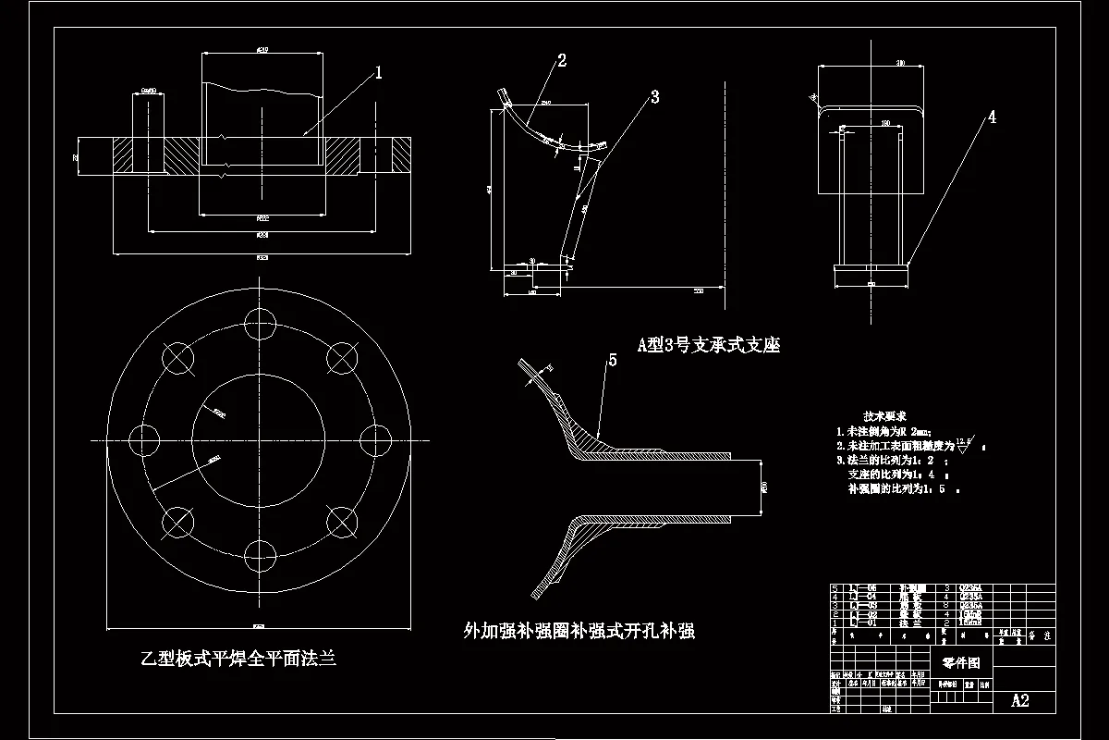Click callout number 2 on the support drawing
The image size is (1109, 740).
coord(561,61)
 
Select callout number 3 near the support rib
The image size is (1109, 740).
coord(654,96)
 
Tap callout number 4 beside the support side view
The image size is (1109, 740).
coord(992,117)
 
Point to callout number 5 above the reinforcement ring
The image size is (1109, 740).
coord(612,361)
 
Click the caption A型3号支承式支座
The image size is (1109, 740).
coord(709,345)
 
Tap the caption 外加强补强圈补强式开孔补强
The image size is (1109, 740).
coord(579,632)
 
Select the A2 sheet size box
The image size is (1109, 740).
coord(1020,700)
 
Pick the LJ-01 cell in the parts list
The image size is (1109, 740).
coord(863,623)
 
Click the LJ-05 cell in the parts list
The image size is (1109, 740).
coord(863,587)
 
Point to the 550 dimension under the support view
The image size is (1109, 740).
coord(698,291)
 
